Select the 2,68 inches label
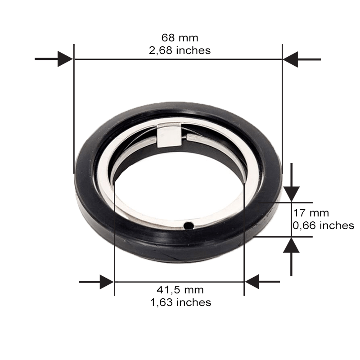click(x=180, y=50)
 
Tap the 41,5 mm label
click(x=180, y=289)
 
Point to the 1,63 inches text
click(x=180, y=302)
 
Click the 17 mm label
click(x=311, y=213)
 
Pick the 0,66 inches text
click(x=323, y=225)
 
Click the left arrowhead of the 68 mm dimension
click(x=66, y=59)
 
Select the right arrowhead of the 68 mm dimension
click(x=290, y=59)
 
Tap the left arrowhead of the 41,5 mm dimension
click(x=107, y=282)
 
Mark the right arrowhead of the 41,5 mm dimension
click(x=252, y=282)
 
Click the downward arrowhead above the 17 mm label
click(x=291, y=194)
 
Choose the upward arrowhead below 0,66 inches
click(x=291, y=245)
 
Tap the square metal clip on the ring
click(x=169, y=135)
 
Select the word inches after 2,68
click(x=193, y=50)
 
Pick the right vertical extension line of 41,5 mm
click(x=244, y=252)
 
